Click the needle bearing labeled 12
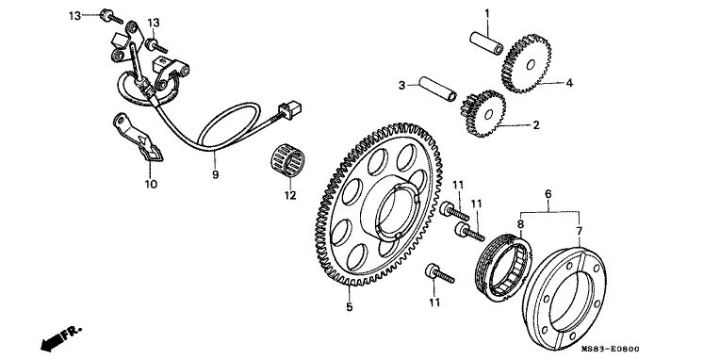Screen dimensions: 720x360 (287, 161)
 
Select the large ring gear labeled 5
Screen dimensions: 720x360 (378, 205)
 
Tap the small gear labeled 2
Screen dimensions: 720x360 (483, 113)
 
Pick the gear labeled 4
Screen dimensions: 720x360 (526, 63)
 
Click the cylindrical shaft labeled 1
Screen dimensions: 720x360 (486, 41)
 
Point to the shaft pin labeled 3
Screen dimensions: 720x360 (437, 88)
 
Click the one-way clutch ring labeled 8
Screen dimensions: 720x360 (504, 267)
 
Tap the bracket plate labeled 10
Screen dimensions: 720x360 (137, 138)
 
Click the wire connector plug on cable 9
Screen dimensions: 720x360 (290, 110)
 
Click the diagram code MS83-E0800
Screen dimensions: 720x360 (611, 350)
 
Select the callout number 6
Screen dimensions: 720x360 (548, 194)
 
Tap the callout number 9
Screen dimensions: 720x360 (216, 175)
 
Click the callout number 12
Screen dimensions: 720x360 (290, 196)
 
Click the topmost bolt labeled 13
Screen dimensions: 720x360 (110, 17)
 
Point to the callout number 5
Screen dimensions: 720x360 (350, 307)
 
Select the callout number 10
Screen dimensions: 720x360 (151, 185)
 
